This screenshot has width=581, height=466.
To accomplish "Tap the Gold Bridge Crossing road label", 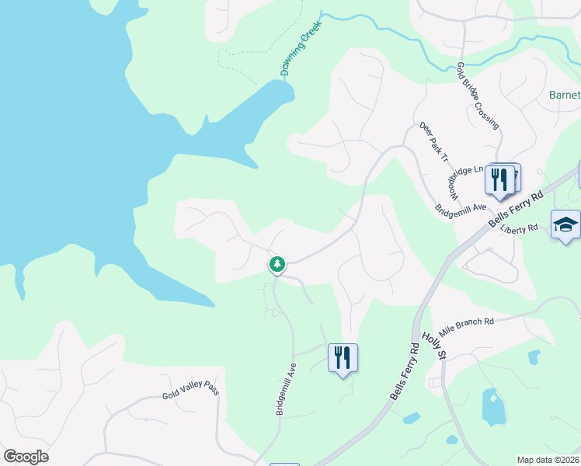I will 478,96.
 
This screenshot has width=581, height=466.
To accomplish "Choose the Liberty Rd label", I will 520,229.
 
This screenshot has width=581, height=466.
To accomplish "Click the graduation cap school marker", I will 565,225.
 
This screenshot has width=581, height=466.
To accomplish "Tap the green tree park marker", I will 277,265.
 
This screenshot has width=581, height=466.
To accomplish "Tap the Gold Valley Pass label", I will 191,390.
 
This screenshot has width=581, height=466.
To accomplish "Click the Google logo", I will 26,456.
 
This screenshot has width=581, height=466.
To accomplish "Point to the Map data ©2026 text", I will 548,460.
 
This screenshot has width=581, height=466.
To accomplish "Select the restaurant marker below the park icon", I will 343,358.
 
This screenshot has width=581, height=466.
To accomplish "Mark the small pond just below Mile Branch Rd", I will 533,356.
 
